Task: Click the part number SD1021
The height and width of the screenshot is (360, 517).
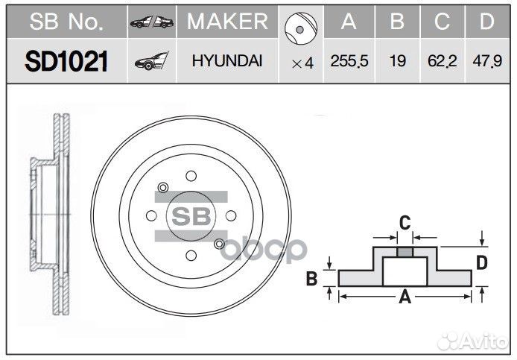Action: (66, 61)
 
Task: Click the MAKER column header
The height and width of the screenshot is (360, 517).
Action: (227, 22)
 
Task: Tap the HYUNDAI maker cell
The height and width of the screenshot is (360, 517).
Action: (226, 62)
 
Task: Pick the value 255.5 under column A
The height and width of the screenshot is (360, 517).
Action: (349, 62)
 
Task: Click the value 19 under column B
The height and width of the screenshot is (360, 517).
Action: (398, 62)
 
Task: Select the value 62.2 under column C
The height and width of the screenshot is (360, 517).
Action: (443, 62)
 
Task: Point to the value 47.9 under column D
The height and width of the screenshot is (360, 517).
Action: (486, 62)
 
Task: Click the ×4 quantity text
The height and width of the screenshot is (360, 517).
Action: (302, 63)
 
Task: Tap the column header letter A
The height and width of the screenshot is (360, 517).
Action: (349, 22)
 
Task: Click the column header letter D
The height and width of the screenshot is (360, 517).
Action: (486, 22)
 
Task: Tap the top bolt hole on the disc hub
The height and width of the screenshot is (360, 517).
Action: (191, 177)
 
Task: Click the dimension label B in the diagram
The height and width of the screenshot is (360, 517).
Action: (314, 279)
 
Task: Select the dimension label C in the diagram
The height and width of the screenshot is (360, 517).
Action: (405, 221)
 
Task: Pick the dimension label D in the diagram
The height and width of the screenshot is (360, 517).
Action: (482, 262)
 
